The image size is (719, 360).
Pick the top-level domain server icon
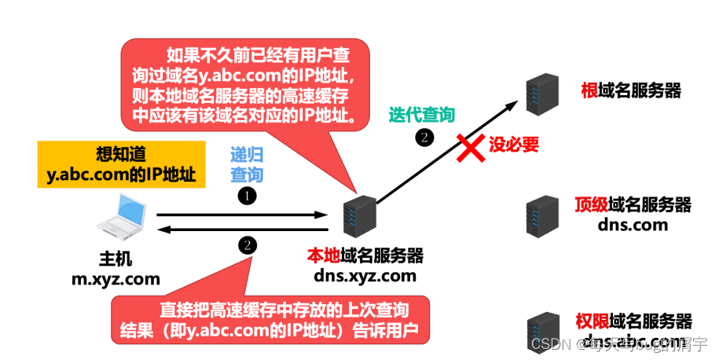(x=543, y=214)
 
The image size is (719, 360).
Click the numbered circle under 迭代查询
(x=424, y=136)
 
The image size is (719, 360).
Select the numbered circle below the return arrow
(x=248, y=244)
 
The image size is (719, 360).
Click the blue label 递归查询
(x=247, y=164)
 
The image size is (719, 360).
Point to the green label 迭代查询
(x=422, y=115)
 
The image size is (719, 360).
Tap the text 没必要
(x=514, y=144)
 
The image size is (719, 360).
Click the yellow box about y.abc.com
(x=121, y=164)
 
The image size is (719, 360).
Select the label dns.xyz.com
(x=365, y=275)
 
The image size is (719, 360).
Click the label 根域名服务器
(x=630, y=90)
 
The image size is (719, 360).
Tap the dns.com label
(x=633, y=224)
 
